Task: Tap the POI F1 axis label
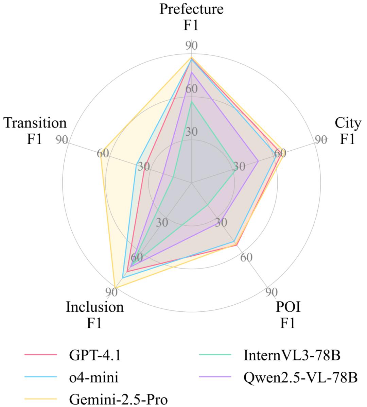[288, 315]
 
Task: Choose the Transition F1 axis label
[35, 131]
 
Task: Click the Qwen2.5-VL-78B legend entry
[301, 377]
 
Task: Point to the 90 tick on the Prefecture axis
[192, 46]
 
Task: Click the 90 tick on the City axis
[320, 140]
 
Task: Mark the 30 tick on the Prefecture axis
[192, 132]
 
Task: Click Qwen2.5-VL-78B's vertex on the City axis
[258, 161]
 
